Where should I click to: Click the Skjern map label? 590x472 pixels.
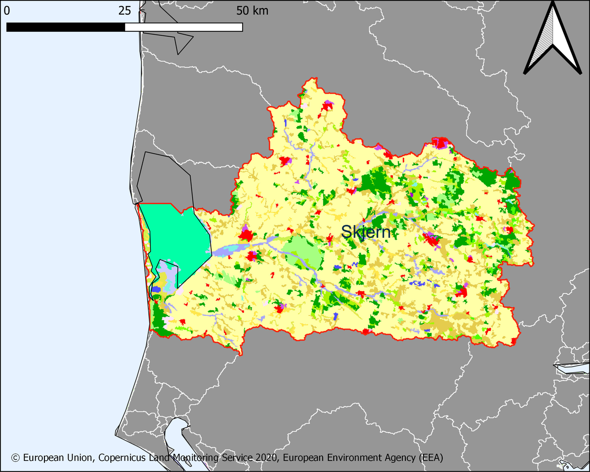click(366, 232)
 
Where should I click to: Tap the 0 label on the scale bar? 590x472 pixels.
click(7, 11)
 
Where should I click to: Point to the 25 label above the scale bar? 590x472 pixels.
click(125, 11)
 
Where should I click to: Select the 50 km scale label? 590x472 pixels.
click(252, 11)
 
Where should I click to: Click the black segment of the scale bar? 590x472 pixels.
click(66, 27)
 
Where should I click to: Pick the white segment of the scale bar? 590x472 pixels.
click(184, 27)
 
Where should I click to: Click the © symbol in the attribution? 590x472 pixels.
click(15, 458)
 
